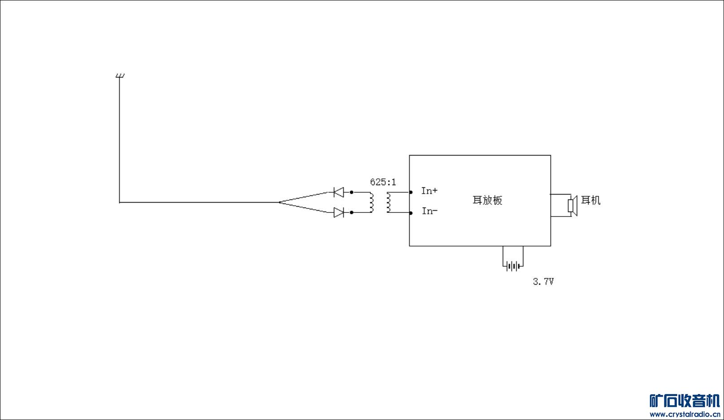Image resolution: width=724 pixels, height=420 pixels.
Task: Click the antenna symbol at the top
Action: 120,76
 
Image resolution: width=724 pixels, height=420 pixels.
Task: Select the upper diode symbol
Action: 339,192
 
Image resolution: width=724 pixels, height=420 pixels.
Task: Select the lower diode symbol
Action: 339,212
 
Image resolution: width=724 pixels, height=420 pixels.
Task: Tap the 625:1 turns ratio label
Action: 383,182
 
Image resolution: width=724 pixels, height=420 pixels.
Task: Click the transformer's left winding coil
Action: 372,202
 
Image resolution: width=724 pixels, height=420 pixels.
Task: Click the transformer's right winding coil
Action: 388,202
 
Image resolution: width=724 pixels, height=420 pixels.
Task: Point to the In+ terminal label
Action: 429,191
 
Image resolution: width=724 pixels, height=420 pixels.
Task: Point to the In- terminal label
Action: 430,211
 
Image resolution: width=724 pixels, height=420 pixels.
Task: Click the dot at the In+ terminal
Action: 411,192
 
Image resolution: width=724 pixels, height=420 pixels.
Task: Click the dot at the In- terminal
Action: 411,213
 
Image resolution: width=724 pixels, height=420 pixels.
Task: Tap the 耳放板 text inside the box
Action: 488,200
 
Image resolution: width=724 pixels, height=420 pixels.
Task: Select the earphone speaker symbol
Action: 573,205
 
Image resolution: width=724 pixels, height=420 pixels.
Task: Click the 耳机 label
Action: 591,200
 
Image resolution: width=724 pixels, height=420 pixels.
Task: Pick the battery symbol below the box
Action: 513,266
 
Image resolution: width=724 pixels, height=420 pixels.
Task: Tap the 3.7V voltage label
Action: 543,282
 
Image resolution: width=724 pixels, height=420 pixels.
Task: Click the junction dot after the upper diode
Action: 352,192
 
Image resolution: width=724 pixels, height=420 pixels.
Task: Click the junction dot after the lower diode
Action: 352,212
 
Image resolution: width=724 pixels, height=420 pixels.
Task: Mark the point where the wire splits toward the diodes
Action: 279,203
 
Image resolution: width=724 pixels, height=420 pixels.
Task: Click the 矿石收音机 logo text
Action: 685,401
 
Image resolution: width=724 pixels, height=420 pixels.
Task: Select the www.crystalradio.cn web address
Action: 685,414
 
